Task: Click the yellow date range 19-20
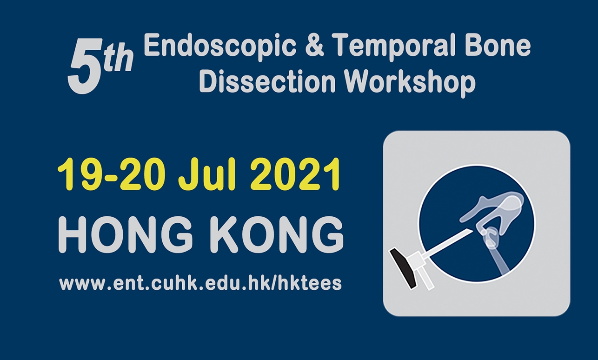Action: (x=110, y=174)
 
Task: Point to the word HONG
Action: (x=125, y=235)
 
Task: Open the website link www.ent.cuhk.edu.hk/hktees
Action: (x=200, y=283)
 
